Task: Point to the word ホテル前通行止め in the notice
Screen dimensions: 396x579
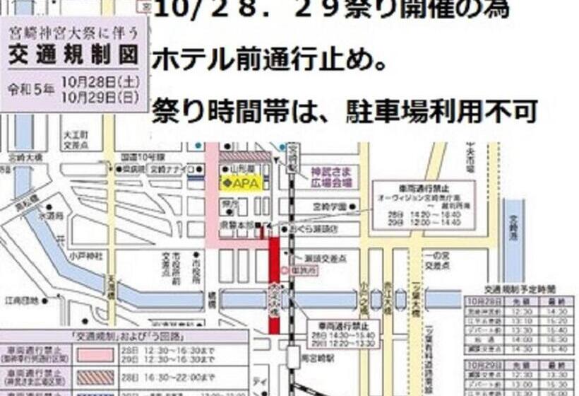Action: pos(269,60)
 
